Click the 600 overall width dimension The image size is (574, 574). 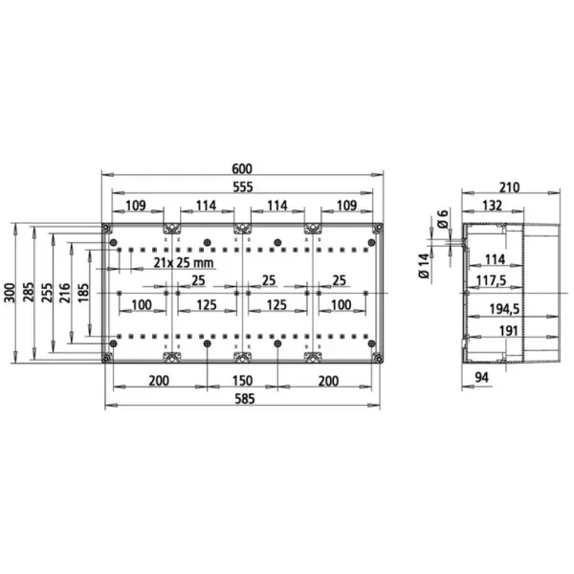tap(242, 168)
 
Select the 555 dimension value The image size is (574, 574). tap(243, 188)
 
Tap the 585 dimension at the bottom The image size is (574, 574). tap(244, 399)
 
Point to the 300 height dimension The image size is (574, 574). tap(11, 293)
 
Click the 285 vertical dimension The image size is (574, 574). tap(29, 292)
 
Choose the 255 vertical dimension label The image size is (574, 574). tap(47, 293)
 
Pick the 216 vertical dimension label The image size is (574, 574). tap(65, 293)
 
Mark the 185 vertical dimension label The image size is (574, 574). tap(83, 293)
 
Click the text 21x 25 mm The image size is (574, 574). tap(184, 262)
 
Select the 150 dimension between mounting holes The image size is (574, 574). tap(242, 381)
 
